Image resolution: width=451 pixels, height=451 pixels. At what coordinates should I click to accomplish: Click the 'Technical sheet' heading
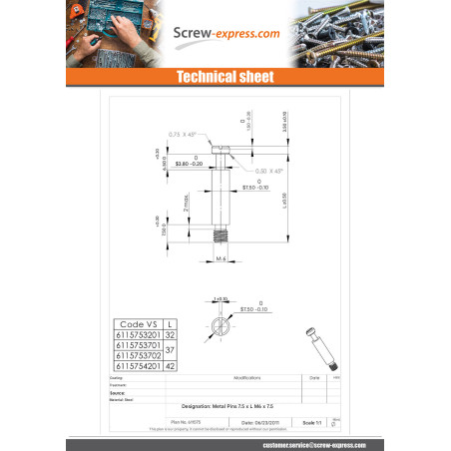[225, 77]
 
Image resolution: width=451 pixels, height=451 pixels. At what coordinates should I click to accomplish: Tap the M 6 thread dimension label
[224, 258]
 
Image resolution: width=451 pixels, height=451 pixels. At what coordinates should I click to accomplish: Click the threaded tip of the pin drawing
[224, 235]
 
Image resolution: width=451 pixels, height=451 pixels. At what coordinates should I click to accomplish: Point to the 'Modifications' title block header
[247, 378]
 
